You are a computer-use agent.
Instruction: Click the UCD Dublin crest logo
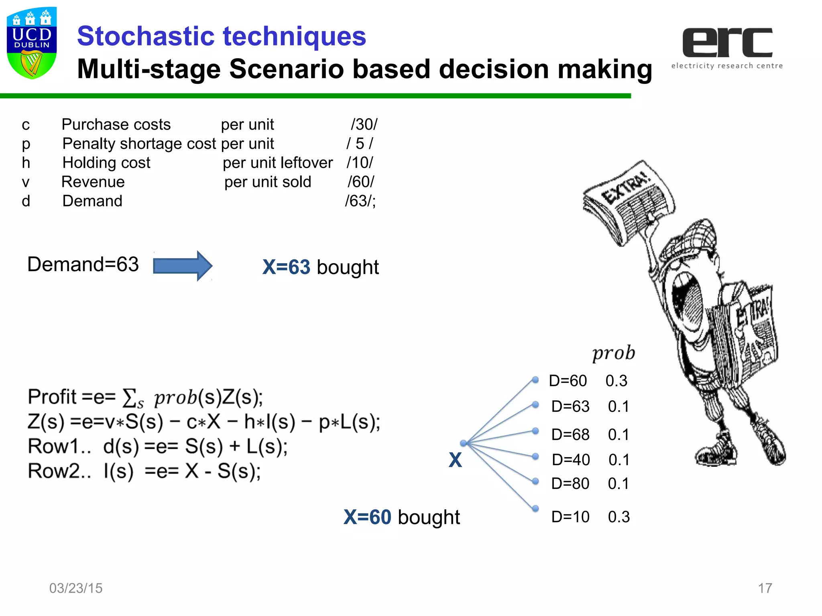[32, 43]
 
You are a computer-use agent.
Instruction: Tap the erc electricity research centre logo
[727, 48]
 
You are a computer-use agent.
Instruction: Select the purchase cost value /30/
[364, 124]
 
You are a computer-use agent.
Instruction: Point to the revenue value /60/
[360, 182]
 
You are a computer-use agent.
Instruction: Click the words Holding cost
[106, 163]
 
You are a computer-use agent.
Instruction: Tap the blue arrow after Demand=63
[183, 265]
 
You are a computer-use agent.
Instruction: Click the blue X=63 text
[286, 267]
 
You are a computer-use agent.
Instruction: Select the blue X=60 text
[367, 517]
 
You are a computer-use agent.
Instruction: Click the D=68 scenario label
[570, 434]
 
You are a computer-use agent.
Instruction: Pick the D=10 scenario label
[570, 517]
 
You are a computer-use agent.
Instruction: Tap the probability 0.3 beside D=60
[616, 381]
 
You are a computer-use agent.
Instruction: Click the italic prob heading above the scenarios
[613, 353]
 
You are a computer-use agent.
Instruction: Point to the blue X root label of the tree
[455, 460]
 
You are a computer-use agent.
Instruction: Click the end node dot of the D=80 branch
[535, 481]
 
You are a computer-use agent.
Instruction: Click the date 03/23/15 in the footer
[76, 588]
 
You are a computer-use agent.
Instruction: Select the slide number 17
[765, 588]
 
